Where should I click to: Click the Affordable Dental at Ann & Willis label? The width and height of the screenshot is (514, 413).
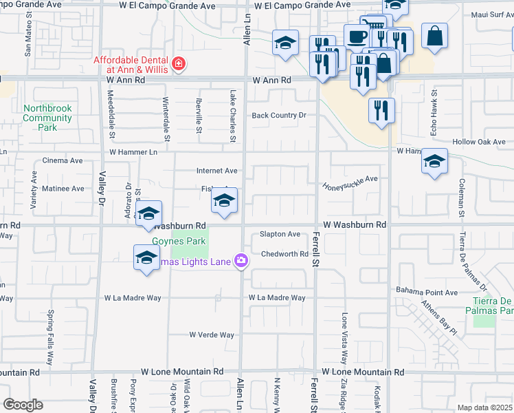pos(131,63)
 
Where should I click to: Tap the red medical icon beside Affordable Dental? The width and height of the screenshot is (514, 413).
pos(179,64)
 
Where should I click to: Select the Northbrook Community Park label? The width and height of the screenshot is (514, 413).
pos(47,118)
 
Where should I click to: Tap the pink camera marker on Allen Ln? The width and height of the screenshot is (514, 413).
pos(241,260)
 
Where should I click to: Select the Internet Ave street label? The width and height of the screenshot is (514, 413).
pos(217,171)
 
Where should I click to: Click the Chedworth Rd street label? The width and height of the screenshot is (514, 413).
pos(284,254)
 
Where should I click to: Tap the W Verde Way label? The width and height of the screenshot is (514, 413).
pos(212,335)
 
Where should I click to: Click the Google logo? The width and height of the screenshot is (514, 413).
pos(23,405)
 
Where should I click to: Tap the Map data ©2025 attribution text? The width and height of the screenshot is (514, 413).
pos(485,408)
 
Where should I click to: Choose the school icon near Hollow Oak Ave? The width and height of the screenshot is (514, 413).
pos(434,162)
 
